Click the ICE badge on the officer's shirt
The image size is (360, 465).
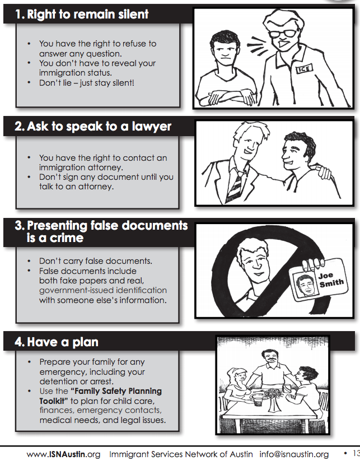[304, 69]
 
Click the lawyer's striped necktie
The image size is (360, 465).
[233, 187]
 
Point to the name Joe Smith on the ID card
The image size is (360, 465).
[331, 280]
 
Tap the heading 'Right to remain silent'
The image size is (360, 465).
[82, 14]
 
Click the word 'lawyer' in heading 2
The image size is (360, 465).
[151, 127]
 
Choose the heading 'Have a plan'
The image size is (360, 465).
[57, 342]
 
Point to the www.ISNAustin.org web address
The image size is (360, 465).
[63, 454]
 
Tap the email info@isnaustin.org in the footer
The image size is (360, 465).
[294, 454]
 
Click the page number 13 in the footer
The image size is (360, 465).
[356, 453]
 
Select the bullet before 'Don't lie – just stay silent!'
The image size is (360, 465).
[29, 82]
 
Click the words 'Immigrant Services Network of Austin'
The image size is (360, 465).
[181, 454]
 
